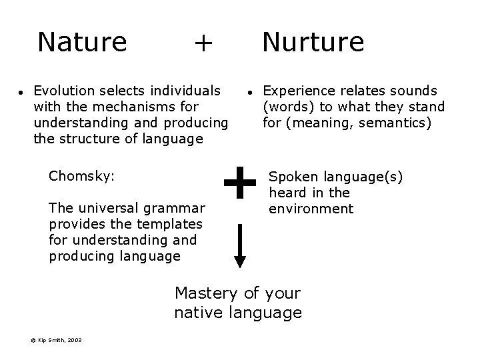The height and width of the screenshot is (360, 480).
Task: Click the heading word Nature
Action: point(82,42)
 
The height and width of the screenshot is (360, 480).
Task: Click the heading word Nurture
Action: point(313,42)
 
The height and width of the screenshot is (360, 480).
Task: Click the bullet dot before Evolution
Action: point(21,92)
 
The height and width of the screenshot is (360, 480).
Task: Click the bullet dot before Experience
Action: point(248,92)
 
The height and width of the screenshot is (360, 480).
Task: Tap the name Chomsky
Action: point(81,177)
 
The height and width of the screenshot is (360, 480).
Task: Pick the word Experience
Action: point(297,90)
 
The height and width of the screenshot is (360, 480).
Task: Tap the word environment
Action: point(311,209)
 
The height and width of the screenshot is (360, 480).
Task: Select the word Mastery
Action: point(205,293)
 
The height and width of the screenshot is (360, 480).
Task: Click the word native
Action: point(197,312)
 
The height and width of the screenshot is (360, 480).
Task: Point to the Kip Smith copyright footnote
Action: point(57,340)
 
